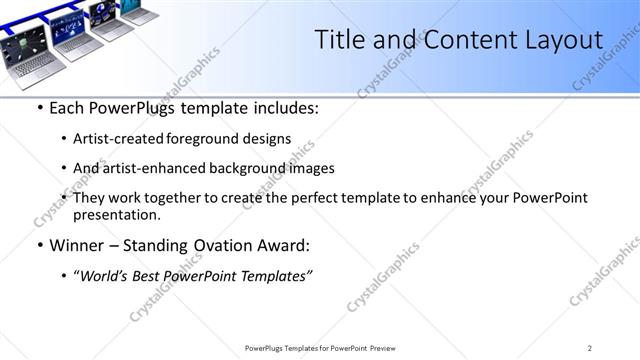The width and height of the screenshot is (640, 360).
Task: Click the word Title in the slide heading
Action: tap(340, 40)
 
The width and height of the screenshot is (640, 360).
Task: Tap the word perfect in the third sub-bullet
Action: tap(311, 198)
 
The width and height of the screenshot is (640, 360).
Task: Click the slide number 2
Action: tap(590, 348)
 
